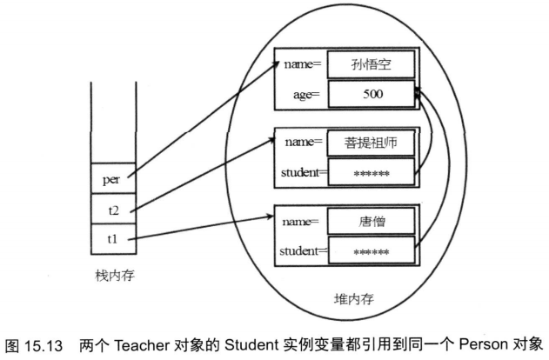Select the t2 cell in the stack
[x=110, y=209]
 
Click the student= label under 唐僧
[x=301, y=252]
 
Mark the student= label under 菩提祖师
[x=301, y=172]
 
